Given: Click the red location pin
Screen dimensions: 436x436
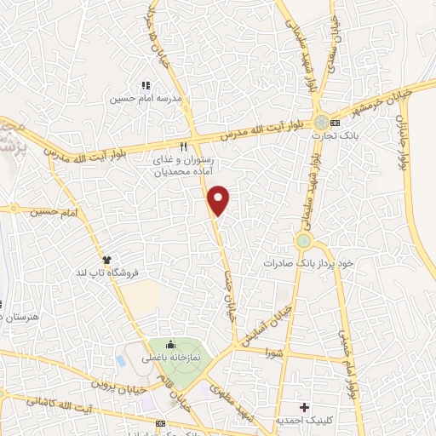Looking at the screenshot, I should [x=220, y=199].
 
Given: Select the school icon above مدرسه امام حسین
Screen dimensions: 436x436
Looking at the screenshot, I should [x=145, y=86].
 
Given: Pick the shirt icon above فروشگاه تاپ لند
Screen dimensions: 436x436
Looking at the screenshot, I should [x=107, y=258].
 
